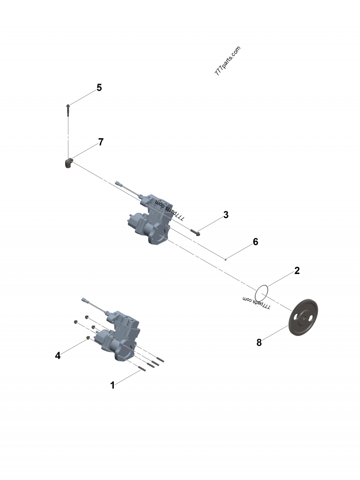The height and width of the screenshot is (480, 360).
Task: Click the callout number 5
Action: point(99,88)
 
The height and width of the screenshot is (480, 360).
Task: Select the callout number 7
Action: point(101,142)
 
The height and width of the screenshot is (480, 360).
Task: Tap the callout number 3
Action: point(226,215)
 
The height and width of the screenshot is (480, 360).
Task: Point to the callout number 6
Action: point(256,242)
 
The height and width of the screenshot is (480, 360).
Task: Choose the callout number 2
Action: point(297,271)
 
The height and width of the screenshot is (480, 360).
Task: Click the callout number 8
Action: point(259,342)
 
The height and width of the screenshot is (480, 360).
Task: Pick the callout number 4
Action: point(58,355)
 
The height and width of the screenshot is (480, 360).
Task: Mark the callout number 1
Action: point(112,385)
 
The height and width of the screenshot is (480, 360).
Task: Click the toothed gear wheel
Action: point(303,318)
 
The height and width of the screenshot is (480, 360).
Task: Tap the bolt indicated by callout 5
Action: point(68,110)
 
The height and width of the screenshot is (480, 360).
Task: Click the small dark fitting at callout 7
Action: point(68,163)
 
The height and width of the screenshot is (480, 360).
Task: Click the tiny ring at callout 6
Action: point(225,260)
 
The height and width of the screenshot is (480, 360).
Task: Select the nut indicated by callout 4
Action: point(88,338)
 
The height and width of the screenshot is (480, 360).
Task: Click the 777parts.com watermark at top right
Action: point(228,61)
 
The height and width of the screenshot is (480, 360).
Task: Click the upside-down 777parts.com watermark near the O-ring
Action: point(256,302)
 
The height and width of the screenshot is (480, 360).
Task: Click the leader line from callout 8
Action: point(275,332)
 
